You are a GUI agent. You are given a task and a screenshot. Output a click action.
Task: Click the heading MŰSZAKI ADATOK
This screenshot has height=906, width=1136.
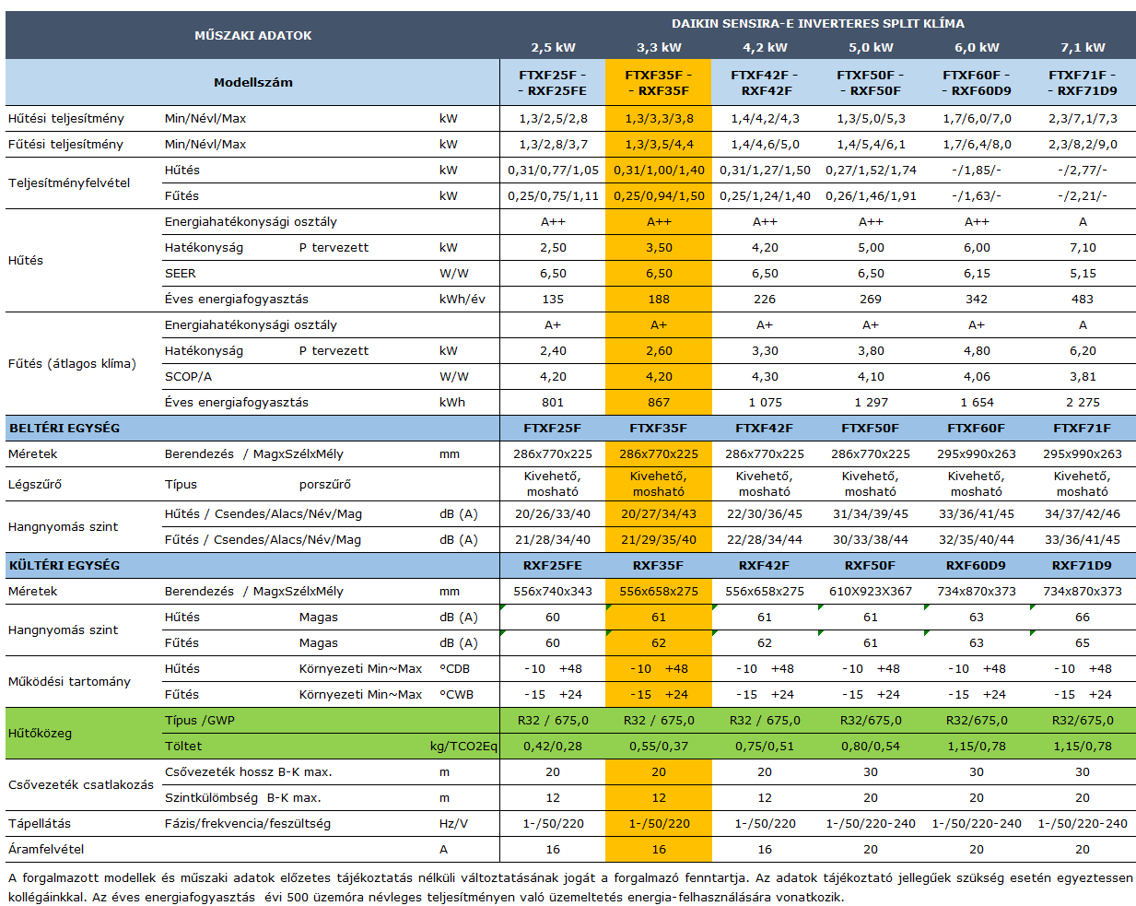(252, 35)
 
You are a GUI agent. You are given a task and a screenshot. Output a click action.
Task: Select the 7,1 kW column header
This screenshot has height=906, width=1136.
(1083, 47)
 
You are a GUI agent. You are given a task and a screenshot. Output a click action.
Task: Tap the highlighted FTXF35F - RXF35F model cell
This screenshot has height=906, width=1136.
(658, 83)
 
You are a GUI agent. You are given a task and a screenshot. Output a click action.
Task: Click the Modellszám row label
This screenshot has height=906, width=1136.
(252, 82)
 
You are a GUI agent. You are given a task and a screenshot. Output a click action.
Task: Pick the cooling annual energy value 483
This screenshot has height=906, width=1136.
(1083, 299)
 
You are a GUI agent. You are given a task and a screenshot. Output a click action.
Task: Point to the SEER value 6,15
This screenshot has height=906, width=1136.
(977, 273)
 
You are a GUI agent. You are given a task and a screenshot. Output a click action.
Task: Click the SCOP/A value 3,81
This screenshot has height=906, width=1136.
(1083, 376)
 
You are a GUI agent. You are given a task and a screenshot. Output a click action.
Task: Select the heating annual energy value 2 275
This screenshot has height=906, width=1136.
(1083, 402)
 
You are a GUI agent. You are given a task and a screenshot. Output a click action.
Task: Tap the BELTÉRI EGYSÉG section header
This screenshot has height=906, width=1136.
(64, 428)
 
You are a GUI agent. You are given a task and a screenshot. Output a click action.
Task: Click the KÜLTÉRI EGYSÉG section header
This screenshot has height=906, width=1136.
(64, 565)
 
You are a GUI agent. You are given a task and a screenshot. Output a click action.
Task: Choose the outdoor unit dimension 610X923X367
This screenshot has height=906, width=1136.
(871, 591)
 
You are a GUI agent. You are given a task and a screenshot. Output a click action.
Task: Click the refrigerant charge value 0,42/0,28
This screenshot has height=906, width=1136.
(553, 746)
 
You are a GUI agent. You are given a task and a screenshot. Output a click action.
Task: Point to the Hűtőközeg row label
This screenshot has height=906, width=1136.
(40, 733)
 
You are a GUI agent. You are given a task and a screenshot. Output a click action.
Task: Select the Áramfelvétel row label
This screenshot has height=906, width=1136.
(46, 849)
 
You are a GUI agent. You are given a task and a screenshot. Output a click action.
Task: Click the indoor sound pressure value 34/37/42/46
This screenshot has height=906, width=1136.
(1083, 513)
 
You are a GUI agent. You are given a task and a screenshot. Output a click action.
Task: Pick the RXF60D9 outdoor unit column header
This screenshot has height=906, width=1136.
(977, 565)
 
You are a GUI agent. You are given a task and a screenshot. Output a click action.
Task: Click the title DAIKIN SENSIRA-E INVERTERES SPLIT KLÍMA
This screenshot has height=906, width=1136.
(818, 23)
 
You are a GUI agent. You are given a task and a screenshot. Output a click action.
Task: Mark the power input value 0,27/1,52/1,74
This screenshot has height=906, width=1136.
(871, 170)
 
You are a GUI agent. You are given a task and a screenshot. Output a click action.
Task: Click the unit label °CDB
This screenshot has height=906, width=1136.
(455, 668)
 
